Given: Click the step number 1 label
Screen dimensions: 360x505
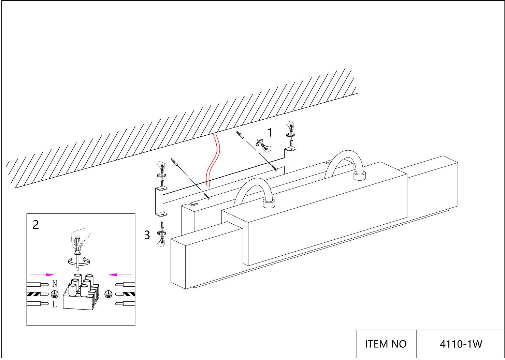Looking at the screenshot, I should pyautogui.click(x=270, y=133).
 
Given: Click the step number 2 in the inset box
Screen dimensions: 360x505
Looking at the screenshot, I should pyautogui.click(x=36, y=225).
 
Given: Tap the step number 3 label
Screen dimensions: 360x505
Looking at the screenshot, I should pyautogui.click(x=147, y=235).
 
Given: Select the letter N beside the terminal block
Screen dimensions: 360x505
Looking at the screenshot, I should pyautogui.click(x=55, y=284).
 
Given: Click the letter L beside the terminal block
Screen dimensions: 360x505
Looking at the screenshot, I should pyautogui.click(x=55, y=304).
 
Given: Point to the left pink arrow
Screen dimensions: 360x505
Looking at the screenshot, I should pyautogui.click(x=42, y=274).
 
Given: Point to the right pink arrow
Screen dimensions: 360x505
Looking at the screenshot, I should pyautogui.click(x=120, y=274).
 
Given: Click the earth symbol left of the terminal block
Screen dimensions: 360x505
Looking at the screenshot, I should pyautogui.click(x=54, y=294).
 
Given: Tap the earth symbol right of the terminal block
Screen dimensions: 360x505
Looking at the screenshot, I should pyautogui.click(x=108, y=294).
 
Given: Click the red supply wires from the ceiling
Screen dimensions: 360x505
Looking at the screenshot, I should pyautogui.click(x=214, y=160).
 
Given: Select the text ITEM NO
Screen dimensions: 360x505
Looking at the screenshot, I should pyautogui.click(x=386, y=344).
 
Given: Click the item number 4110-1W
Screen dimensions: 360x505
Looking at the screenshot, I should pyautogui.click(x=461, y=344).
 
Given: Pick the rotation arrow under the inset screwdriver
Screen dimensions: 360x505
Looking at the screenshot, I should pyautogui.click(x=79, y=262).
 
